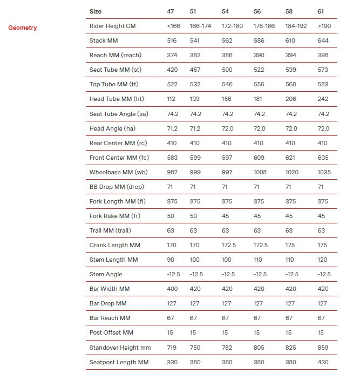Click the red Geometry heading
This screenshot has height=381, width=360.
pyautogui.click(x=23, y=28)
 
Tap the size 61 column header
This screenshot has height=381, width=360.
pyautogui.click(x=322, y=11)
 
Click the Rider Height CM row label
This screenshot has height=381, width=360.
pyautogui.click(x=112, y=26)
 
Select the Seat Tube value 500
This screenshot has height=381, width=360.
pyautogui.click(x=227, y=70)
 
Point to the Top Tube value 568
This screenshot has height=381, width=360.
pyautogui.click(x=291, y=84)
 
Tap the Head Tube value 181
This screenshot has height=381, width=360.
pyautogui.click(x=259, y=99)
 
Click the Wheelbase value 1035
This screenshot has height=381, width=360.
pyautogui.click(x=324, y=172)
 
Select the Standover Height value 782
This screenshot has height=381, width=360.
pyautogui.click(x=227, y=348)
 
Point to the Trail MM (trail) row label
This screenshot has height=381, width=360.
pyautogui.click(x=110, y=230)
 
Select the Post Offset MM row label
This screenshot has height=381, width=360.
pyautogui.click(x=111, y=333)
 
